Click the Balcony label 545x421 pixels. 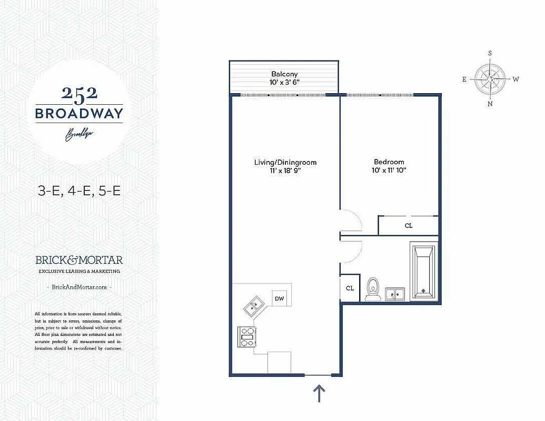284,74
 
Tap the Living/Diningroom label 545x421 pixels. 285,162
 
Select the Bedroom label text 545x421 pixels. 389,162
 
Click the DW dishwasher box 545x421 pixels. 279,299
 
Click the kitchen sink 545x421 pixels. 253,305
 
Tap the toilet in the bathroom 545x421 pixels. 373,289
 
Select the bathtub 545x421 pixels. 423,270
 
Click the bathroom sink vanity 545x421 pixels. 395,294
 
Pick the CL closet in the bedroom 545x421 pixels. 409,226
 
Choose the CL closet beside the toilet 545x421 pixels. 350,288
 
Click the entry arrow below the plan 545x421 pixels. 319,393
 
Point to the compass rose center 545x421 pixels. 490,79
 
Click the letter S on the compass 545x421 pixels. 490,53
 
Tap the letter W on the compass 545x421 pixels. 516,79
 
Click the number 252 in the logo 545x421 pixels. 79,93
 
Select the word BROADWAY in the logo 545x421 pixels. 79,113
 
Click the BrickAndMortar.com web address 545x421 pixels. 79,287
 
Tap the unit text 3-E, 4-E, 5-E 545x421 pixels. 79,190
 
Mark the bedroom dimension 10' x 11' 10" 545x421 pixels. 389,171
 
